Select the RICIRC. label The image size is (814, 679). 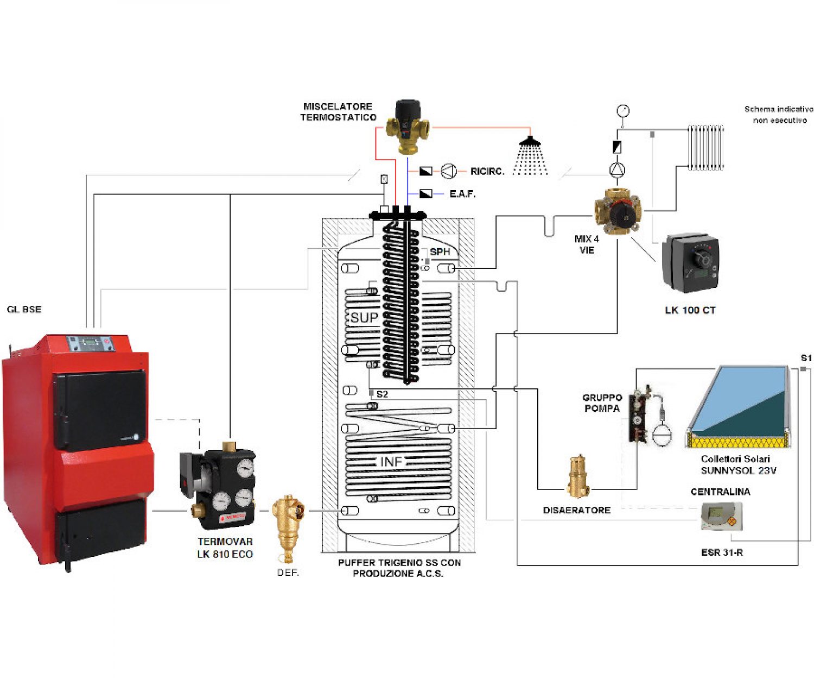coord(487,172)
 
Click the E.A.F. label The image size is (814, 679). coord(462,194)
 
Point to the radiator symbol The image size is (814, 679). coord(705,148)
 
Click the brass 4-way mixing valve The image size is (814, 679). coord(618,211)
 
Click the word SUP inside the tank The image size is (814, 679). coord(364,318)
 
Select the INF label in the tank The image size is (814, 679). coord(391,462)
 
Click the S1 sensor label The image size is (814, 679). coord(806,359)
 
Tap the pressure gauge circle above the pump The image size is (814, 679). coord(623,111)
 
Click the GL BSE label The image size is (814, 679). coord(24,310)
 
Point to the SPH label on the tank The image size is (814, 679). coord(440,252)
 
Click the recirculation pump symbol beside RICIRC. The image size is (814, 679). coord(448,172)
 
